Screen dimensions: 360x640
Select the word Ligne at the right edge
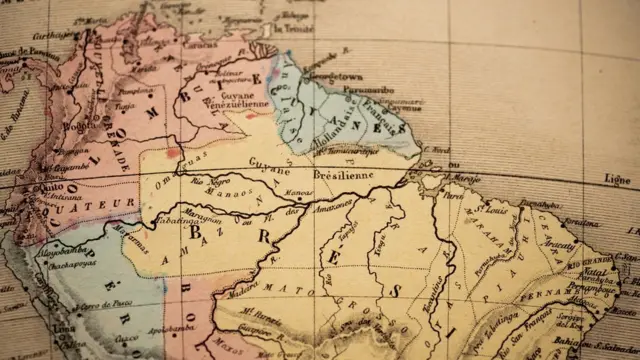point(617,178)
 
